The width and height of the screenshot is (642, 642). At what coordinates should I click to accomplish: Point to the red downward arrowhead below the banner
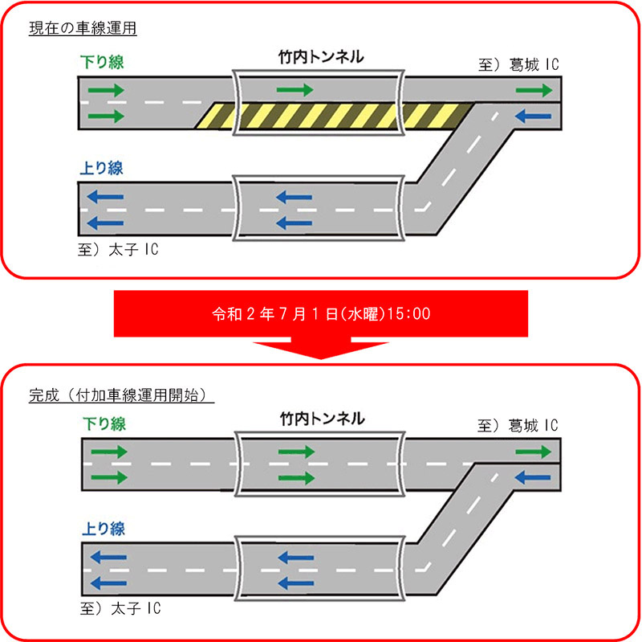[x=320, y=350]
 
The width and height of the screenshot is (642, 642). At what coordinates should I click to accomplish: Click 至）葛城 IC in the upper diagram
[x=518, y=64]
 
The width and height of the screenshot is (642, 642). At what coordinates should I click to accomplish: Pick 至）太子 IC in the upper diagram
[x=120, y=249]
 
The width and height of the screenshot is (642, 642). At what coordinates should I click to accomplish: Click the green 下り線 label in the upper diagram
[x=102, y=61]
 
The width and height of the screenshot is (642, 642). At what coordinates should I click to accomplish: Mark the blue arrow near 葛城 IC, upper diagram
[x=531, y=116]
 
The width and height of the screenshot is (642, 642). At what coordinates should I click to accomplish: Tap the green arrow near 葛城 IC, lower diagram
[x=533, y=452]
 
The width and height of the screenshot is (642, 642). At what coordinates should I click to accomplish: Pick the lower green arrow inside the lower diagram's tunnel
[x=295, y=478]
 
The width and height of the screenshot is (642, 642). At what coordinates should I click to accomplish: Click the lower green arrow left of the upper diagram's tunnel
[x=108, y=116]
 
